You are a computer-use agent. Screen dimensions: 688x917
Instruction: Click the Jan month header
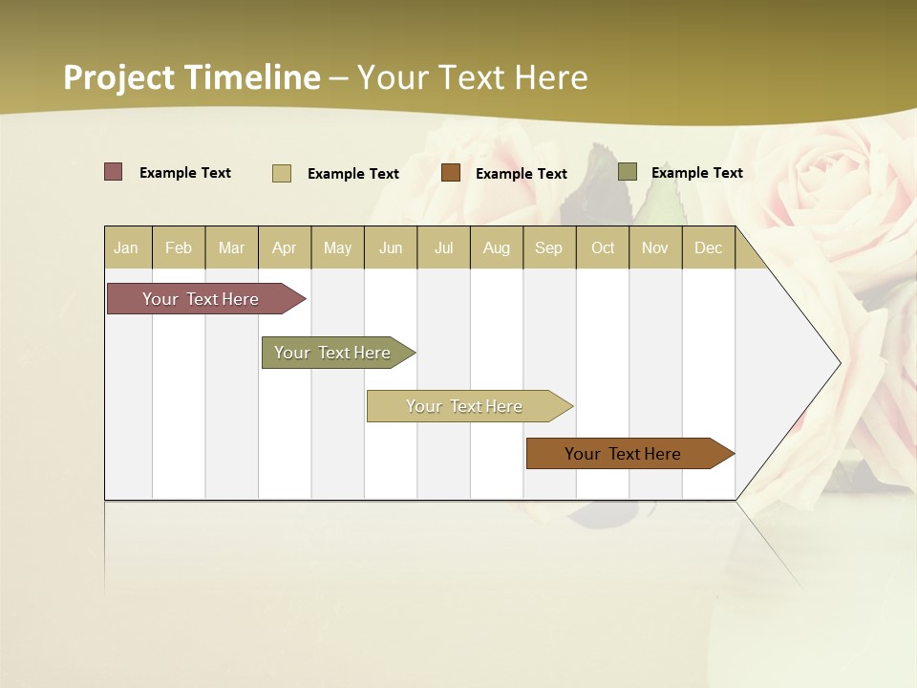click(126, 248)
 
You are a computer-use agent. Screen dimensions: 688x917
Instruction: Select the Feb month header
click(179, 248)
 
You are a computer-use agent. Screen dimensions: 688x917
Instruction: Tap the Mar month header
click(231, 248)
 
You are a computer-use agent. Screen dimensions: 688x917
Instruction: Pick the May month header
click(337, 248)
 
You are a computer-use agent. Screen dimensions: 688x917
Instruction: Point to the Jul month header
click(443, 248)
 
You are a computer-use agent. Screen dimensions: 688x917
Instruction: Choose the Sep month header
click(548, 248)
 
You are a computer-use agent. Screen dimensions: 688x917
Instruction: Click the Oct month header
click(603, 248)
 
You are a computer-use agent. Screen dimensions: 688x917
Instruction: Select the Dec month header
click(708, 248)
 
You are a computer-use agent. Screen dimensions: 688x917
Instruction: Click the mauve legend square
click(113, 172)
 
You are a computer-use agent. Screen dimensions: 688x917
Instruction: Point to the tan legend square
click(281, 173)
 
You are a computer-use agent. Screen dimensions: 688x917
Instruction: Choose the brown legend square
click(451, 173)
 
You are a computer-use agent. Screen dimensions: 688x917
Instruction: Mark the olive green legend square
click(627, 172)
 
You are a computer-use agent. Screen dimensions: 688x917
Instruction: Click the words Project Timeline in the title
click(191, 77)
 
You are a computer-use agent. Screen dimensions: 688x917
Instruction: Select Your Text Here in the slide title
click(472, 77)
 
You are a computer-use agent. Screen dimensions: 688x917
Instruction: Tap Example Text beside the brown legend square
click(521, 174)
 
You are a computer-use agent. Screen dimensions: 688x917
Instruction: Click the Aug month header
click(496, 248)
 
